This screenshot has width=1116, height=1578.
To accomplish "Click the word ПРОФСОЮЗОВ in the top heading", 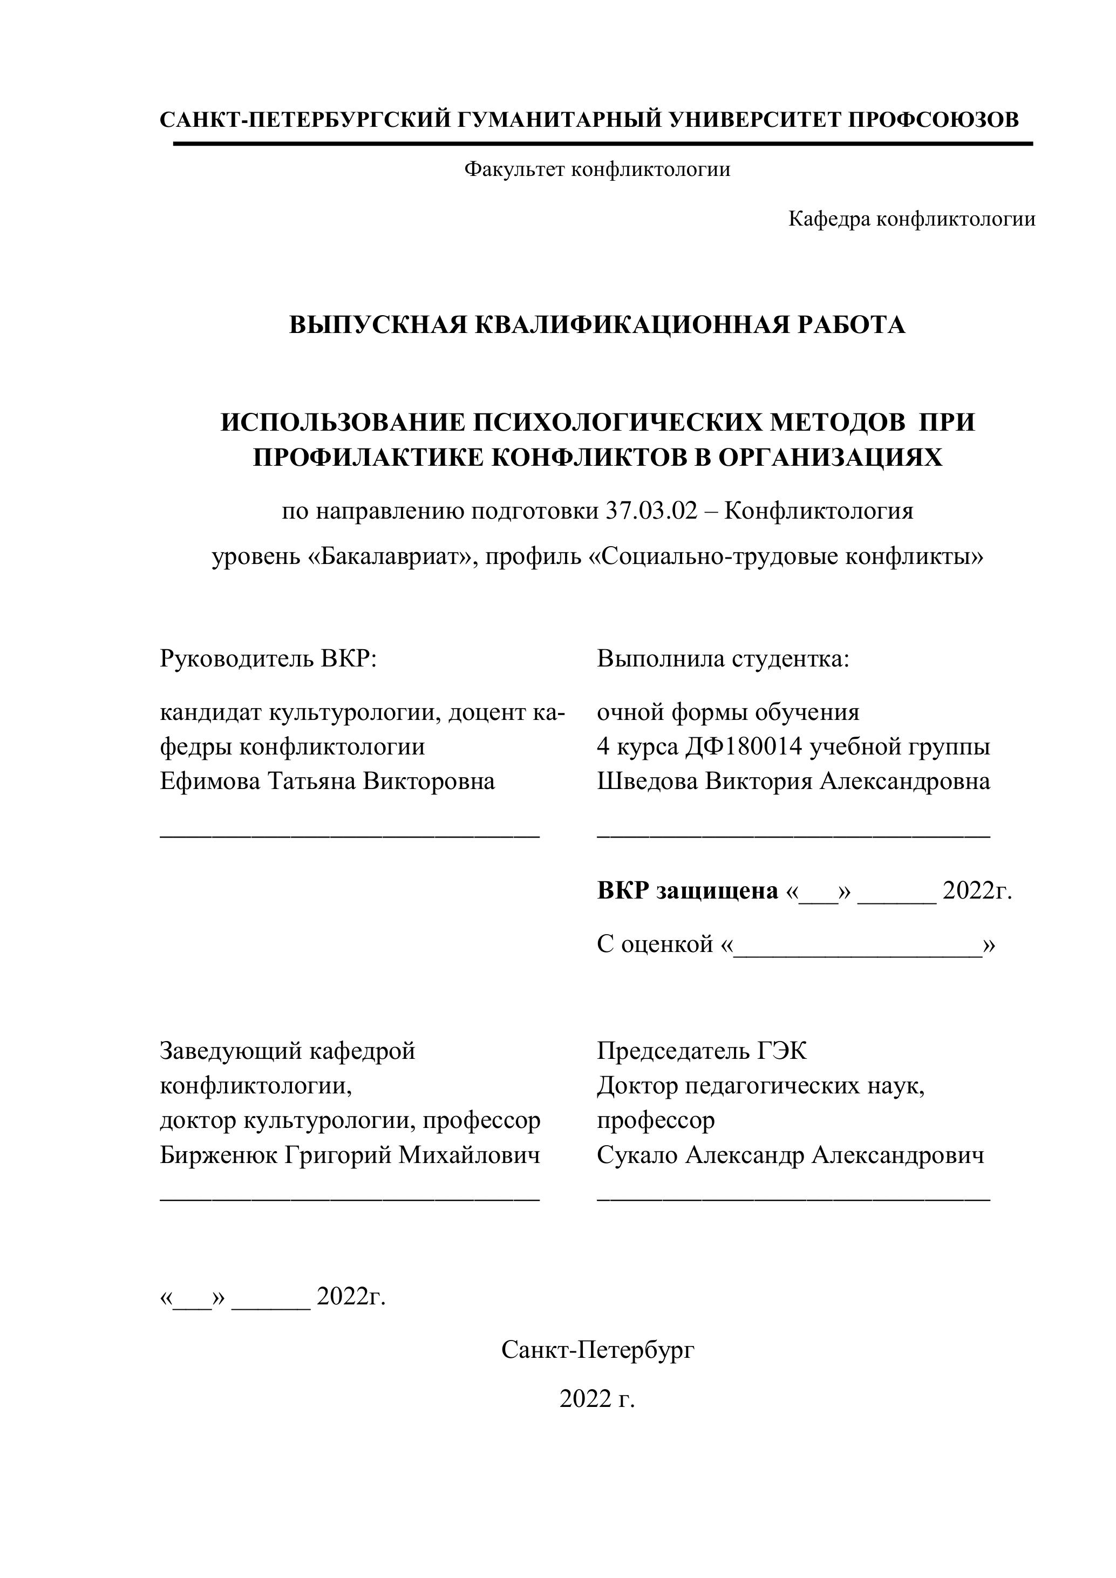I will [x=933, y=120].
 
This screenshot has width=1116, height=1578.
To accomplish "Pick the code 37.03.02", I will [x=651, y=511].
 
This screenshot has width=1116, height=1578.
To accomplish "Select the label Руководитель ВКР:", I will [x=269, y=658].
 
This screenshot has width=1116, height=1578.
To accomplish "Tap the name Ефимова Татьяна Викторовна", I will [x=327, y=781].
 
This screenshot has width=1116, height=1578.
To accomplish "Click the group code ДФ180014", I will [x=744, y=746].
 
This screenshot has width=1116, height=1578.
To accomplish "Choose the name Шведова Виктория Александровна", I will [x=794, y=781].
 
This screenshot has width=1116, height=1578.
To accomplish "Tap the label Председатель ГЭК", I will [x=702, y=1051].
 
